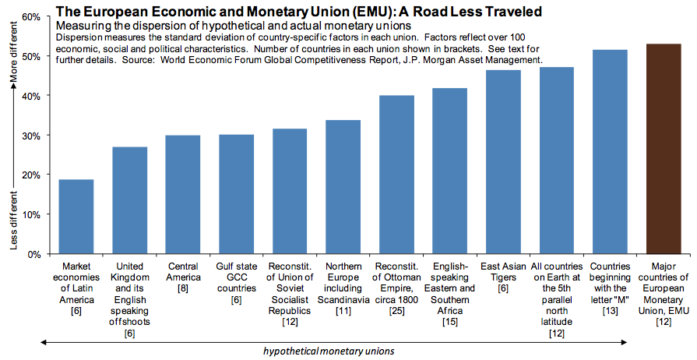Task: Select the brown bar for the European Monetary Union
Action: (x=664, y=149)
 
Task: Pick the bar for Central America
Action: (x=183, y=195)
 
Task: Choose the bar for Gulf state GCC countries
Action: (x=236, y=195)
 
